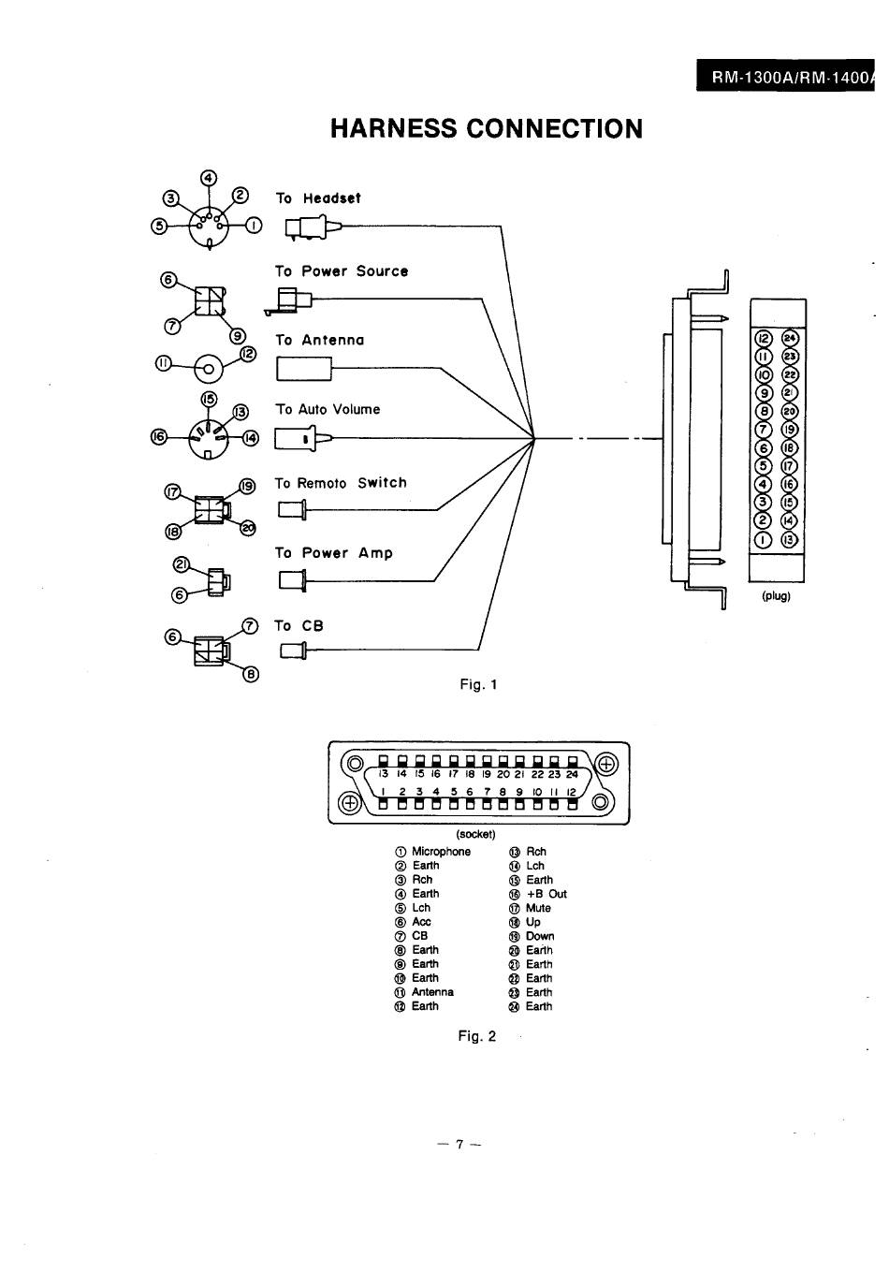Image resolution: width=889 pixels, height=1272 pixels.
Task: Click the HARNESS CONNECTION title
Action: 487,129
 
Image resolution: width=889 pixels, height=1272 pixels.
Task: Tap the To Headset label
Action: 318,198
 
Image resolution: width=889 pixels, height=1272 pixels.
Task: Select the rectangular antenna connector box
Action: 304,368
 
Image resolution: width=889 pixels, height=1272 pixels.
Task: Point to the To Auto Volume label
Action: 328,409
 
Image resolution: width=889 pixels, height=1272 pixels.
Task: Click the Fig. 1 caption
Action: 478,684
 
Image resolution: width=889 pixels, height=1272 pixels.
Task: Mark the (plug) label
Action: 776,595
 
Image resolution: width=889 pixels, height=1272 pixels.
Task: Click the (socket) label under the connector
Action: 475,834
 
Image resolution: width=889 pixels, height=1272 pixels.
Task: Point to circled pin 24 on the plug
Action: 790,339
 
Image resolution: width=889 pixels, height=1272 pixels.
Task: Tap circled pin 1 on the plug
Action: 764,539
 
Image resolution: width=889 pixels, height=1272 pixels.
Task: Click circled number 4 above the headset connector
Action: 209,178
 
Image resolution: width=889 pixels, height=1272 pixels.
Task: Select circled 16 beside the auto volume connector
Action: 159,437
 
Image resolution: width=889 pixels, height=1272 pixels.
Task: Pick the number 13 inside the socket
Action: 384,774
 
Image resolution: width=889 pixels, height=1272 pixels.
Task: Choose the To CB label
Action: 299,626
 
